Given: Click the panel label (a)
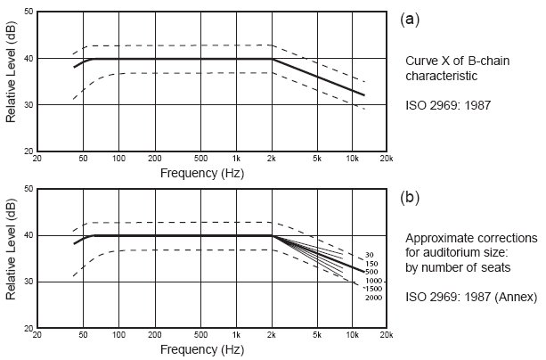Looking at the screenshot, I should click(412, 17).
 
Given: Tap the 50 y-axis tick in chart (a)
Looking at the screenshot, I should click(28, 12).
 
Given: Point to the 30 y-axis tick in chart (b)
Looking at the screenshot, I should click(28, 282).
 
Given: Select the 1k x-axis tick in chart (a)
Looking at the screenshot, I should click(236, 158).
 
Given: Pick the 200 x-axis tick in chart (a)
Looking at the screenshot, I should click(154, 158).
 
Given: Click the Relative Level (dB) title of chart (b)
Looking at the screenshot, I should click(10, 258).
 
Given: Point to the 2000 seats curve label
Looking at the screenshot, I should click(372, 297).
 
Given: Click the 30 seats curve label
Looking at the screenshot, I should click(370, 256).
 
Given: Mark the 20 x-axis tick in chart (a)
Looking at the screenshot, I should click(37, 158).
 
